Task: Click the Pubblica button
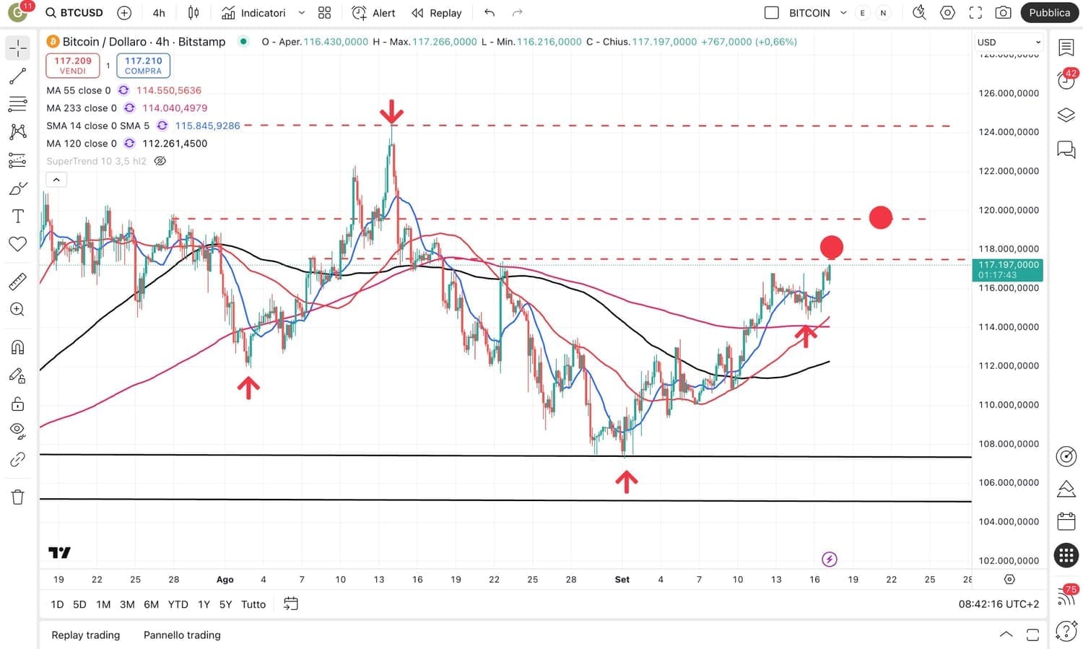pos(1049,13)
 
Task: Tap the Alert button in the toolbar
pos(374,13)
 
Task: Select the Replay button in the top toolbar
pos(437,13)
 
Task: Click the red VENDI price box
pos(72,66)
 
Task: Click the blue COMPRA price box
pos(143,66)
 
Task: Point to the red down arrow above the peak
pos(391,112)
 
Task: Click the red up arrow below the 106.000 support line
pos(626,481)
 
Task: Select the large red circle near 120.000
pos(880,217)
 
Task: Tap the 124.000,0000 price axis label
pos(1008,132)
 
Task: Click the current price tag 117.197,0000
pos(1008,269)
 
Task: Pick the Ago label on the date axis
pos(225,580)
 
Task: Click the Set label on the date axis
pos(622,580)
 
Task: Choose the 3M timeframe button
pos(127,604)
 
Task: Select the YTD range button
pos(178,604)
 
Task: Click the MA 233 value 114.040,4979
pos(175,108)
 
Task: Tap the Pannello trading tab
pos(182,635)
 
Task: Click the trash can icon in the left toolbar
pos(18,497)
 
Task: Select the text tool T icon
pos(18,217)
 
